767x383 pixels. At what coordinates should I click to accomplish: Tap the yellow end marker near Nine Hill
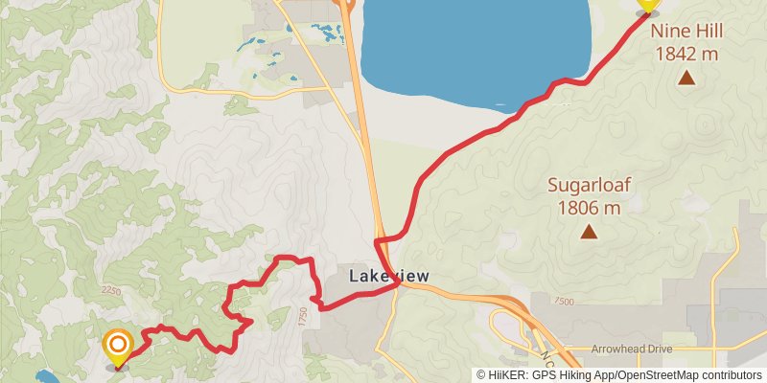[x=648, y=5]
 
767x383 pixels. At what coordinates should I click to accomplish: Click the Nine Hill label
[x=686, y=31]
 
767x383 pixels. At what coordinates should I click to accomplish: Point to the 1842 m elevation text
[x=686, y=54]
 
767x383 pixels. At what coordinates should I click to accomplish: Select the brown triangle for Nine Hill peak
[x=686, y=78]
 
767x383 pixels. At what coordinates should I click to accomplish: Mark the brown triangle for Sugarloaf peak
[x=589, y=231]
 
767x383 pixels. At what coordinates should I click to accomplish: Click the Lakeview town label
[x=388, y=276]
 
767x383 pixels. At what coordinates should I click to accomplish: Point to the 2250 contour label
[x=111, y=290]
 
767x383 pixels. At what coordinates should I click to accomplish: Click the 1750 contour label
[x=302, y=314]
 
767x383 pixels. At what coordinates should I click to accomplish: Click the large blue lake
[x=475, y=48]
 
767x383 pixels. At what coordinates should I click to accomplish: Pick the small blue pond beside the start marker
[x=44, y=376]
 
